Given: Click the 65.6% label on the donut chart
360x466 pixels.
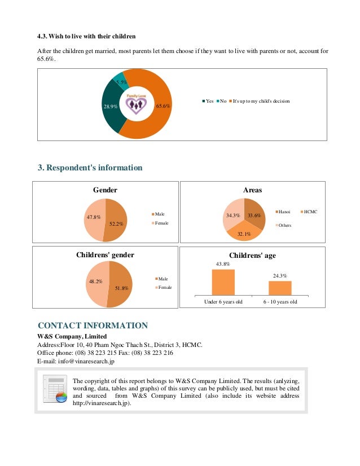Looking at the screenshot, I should [164, 105].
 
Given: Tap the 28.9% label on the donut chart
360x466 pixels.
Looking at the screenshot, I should [109, 106].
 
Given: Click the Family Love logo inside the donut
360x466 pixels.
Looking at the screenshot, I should [136, 103].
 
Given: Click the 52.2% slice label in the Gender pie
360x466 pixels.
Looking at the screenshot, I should [117, 223].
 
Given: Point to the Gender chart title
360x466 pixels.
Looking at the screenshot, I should [105, 190].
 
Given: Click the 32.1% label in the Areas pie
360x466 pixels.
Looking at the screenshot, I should [244, 234].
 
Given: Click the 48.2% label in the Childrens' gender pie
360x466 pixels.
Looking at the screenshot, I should [95, 281].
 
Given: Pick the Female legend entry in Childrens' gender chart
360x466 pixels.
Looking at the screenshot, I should [165, 288].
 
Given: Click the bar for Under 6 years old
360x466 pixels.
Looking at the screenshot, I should [223, 283].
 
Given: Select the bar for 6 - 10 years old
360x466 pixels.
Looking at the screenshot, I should [280, 288].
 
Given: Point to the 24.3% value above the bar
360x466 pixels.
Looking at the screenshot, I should [280, 276].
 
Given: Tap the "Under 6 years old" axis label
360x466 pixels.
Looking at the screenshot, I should [223, 302].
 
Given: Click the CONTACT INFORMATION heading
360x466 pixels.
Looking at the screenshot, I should [93, 326].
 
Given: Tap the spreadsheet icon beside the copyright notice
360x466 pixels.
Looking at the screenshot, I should [55, 390].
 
